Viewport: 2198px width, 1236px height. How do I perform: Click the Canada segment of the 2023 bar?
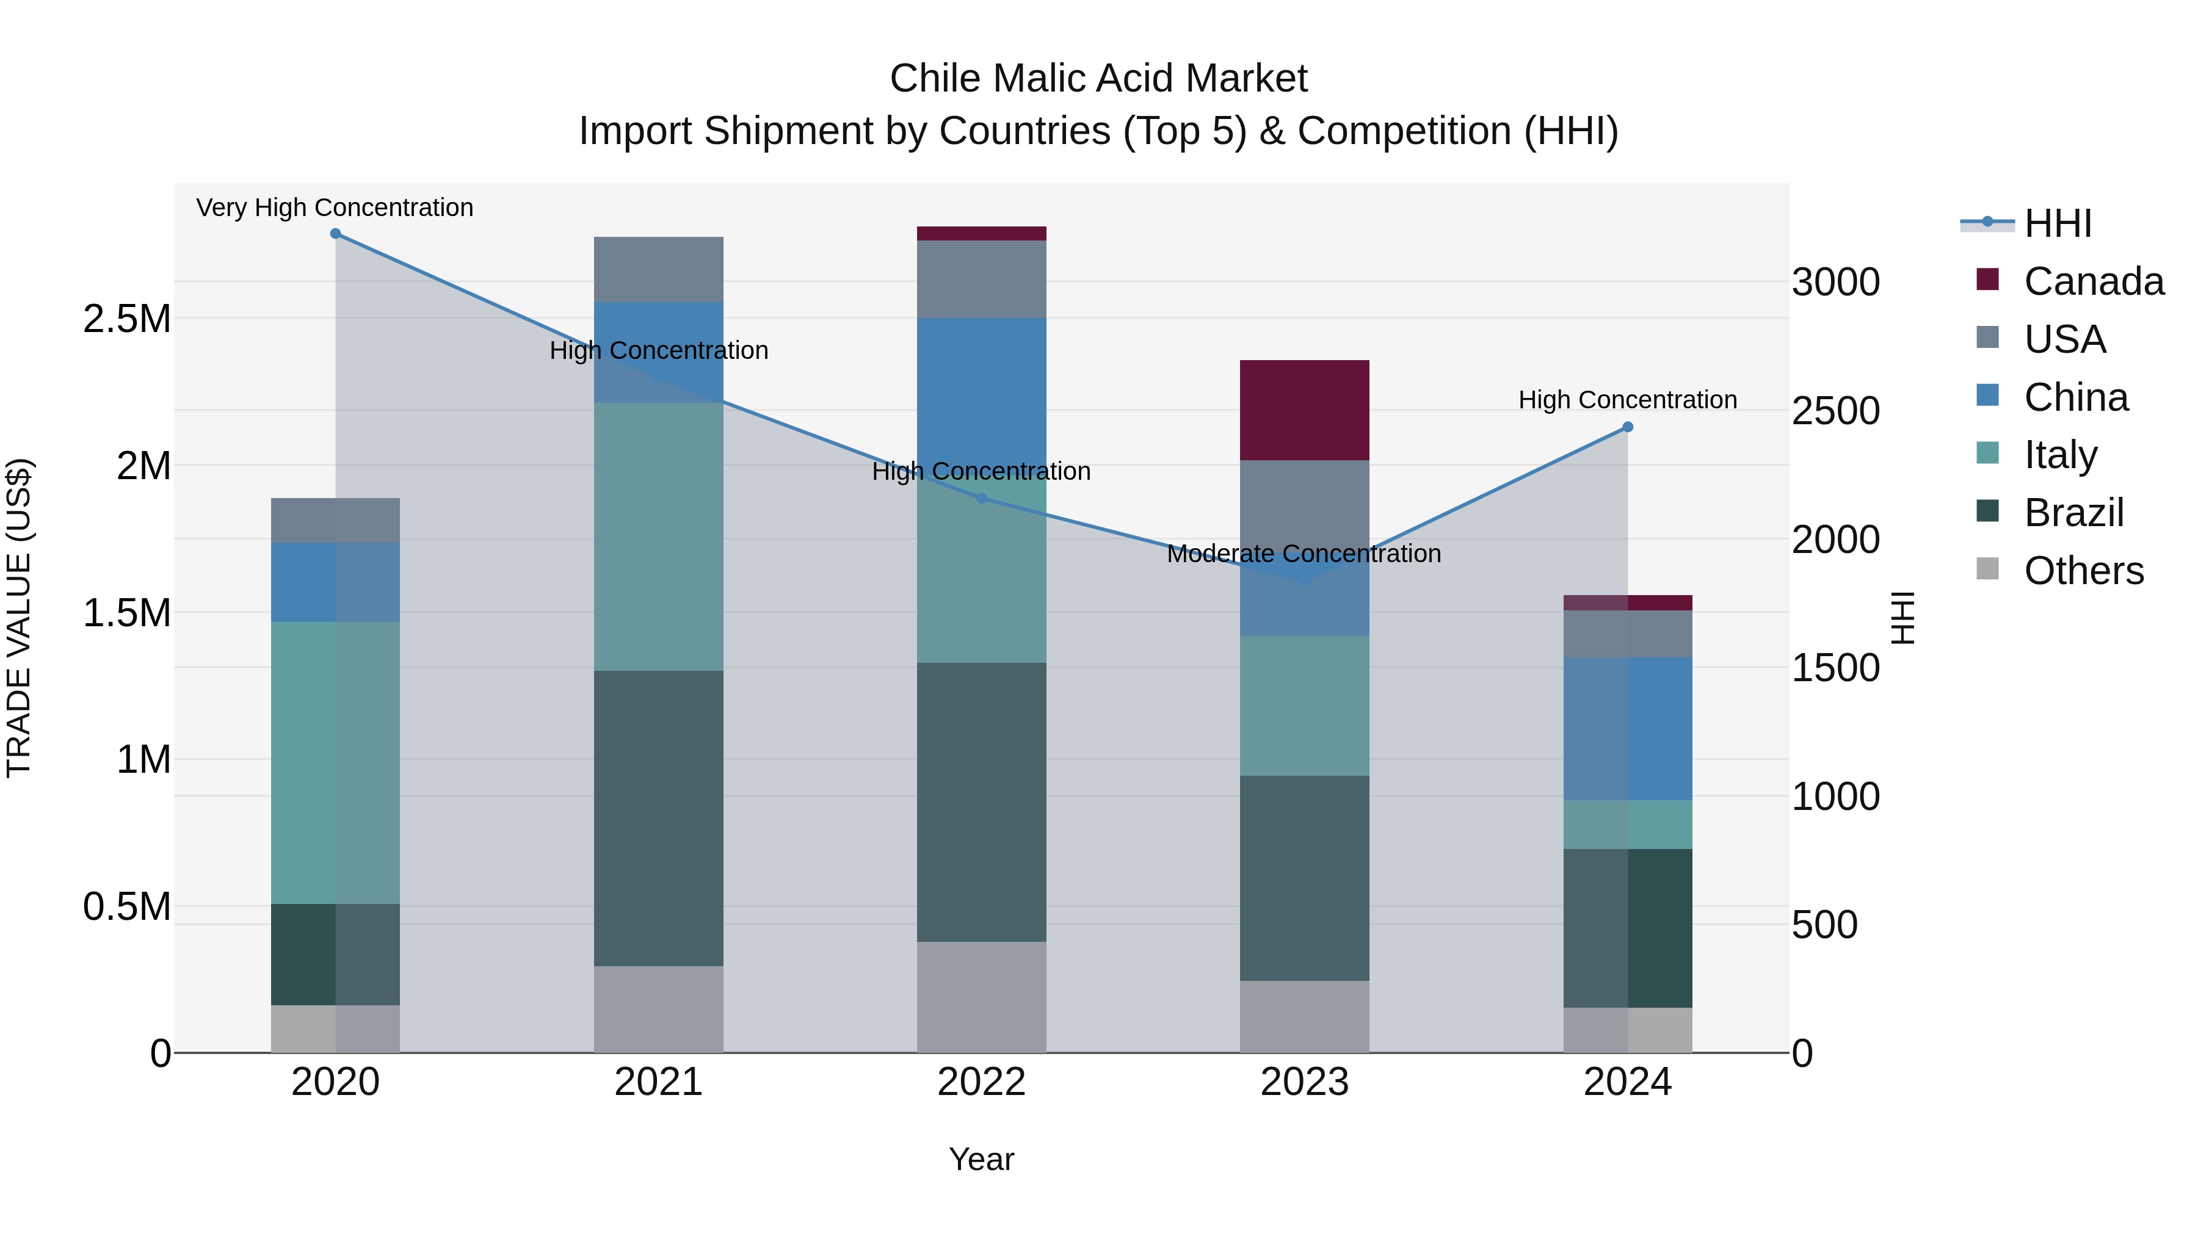(x=1304, y=410)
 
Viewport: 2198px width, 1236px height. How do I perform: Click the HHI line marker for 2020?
(x=335, y=234)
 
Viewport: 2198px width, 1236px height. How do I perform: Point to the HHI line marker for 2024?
(x=1627, y=427)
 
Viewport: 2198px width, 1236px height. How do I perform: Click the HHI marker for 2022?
(x=981, y=498)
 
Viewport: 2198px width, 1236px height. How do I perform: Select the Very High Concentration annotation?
(x=335, y=208)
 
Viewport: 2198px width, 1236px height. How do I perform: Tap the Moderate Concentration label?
(x=1304, y=554)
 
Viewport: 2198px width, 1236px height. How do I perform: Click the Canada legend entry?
(x=2092, y=281)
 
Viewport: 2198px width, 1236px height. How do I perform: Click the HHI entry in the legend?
(x=2056, y=223)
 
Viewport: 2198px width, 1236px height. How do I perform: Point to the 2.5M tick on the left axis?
(x=126, y=319)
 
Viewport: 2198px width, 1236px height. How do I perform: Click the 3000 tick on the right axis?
(x=1835, y=283)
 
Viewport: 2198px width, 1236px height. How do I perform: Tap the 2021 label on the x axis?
(x=658, y=1082)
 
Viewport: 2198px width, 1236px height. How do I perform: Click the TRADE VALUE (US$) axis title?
(x=19, y=618)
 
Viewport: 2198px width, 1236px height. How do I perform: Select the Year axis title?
(x=981, y=1159)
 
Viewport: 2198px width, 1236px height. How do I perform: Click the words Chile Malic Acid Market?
(x=1098, y=79)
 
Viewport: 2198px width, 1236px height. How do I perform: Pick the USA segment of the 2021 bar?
(x=658, y=270)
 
